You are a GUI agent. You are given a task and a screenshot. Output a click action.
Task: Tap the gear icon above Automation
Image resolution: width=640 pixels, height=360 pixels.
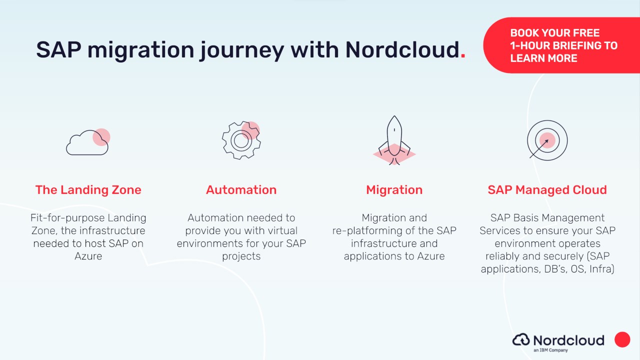click(x=241, y=140)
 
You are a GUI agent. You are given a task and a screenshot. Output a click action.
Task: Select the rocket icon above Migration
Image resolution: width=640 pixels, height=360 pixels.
click(x=394, y=140)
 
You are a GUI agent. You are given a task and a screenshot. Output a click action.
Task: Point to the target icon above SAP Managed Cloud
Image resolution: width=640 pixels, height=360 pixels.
click(x=547, y=140)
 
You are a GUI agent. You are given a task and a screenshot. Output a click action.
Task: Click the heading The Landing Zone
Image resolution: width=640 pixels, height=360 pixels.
click(x=88, y=190)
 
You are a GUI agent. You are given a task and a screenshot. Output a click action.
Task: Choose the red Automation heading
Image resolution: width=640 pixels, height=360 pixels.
click(x=241, y=190)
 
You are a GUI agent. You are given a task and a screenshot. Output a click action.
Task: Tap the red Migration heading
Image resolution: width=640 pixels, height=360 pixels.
click(x=394, y=190)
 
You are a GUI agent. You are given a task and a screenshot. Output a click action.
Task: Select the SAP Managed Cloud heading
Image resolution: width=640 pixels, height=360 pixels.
click(x=547, y=190)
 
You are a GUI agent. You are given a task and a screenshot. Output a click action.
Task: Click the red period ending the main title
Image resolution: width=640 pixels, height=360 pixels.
click(x=463, y=56)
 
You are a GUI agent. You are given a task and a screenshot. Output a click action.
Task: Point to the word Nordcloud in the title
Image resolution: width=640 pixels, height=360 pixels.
click(x=402, y=49)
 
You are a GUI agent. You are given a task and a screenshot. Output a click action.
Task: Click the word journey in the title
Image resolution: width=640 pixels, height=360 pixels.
click(x=241, y=51)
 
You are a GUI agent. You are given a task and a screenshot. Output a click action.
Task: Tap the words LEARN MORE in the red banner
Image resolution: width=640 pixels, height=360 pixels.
click(x=543, y=58)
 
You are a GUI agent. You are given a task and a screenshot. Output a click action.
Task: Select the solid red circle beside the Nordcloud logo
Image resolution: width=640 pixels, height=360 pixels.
click(x=622, y=339)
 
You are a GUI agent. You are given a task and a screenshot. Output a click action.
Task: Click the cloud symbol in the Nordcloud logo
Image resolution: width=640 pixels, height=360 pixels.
click(x=521, y=339)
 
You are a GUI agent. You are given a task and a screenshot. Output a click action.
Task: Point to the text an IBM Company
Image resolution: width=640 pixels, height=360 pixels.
click(x=550, y=350)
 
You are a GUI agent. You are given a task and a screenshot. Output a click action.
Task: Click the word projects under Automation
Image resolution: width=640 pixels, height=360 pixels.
click(x=241, y=256)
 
